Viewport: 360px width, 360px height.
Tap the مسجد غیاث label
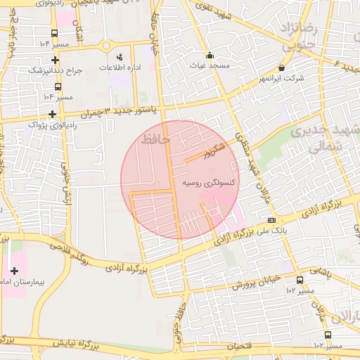tap(209, 65)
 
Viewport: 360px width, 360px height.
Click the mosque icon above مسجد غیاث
tap(209, 56)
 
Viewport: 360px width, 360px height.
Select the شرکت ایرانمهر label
tap(281, 78)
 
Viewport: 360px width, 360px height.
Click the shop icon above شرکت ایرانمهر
tap(281, 68)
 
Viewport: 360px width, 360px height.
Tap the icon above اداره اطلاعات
tap(119, 56)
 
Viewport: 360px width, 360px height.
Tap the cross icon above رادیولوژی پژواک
tap(52, 114)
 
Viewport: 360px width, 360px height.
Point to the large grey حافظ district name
tap(155, 139)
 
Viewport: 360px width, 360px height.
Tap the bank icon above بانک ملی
tap(271, 220)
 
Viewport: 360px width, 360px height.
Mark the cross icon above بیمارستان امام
tap(14, 271)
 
